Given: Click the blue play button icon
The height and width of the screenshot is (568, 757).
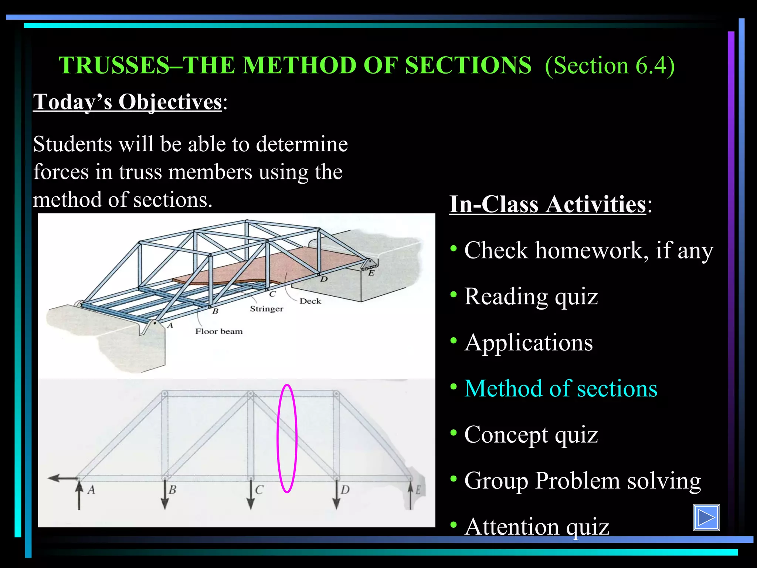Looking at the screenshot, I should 706,517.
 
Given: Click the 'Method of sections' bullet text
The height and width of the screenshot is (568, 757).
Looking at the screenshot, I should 560,389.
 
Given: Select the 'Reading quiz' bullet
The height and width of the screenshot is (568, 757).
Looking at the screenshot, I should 531,297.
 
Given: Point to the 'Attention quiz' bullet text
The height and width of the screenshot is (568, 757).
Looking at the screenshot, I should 536,527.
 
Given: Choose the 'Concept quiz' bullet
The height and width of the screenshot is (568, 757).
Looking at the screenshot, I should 531,435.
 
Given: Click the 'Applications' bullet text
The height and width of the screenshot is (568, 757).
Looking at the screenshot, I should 529,342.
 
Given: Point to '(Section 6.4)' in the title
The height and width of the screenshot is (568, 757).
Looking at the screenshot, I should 610,65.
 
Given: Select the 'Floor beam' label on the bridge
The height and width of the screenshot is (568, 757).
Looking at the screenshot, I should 219,331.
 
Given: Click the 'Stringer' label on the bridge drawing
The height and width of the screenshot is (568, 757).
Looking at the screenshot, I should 267,309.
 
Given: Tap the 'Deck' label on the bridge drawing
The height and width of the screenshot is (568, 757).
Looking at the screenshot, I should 310,301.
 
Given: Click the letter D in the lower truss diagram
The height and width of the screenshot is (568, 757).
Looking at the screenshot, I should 345,490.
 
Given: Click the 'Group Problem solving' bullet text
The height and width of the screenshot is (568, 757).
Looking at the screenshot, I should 582,481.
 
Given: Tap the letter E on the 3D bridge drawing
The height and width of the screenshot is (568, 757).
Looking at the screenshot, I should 371,273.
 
